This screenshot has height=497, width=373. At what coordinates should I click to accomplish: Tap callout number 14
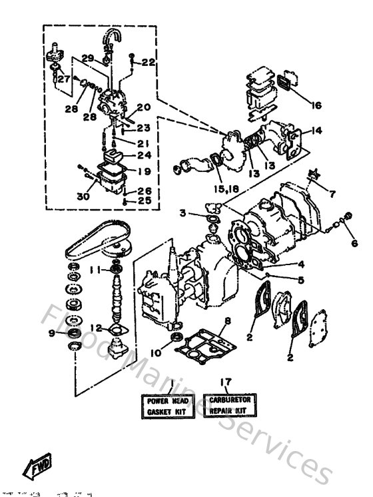316,131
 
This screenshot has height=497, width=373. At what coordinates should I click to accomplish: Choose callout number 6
354,243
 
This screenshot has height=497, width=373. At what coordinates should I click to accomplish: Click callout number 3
181,213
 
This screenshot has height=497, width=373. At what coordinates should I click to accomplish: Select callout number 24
143,156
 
